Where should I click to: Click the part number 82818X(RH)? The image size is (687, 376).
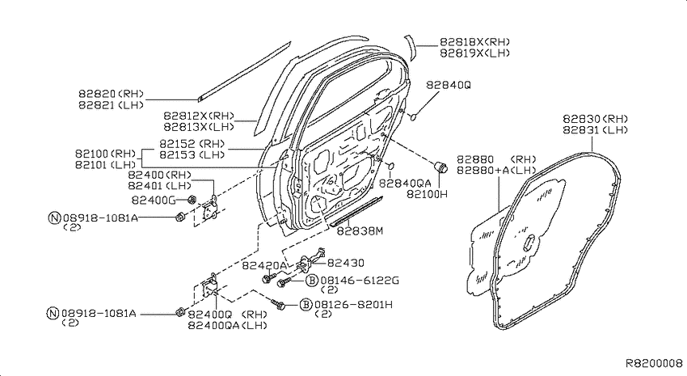click(x=475, y=42)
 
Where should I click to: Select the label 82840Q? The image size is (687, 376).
click(x=449, y=85)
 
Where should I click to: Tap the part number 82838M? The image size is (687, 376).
click(x=360, y=231)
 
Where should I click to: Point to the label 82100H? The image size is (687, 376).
click(x=428, y=194)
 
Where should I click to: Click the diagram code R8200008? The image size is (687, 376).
click(x=654, y=363)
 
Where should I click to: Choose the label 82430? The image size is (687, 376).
click(x=346, y=263)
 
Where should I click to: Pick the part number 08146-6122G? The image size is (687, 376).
click(x=360, y=281)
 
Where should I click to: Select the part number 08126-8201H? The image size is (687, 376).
click(x=353, y=305)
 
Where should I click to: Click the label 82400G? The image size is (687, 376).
click(x=154, y=201)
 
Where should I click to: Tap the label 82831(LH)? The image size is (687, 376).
click(x=595, y=130)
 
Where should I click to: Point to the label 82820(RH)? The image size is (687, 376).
click(x=112, y=94)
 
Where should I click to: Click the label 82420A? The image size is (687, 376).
click(x=264, y=265)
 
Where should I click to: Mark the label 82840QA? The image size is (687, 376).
click(x=405, y=184)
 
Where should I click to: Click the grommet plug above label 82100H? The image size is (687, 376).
click(x=440, y=167)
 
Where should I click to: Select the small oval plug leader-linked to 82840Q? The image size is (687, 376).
click(x=413, y=116)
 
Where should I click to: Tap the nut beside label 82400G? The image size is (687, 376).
click(x=191, y=200)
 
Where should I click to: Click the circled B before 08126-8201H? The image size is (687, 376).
click(x=306, y=305)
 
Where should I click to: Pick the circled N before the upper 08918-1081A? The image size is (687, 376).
click(x=54, y=218)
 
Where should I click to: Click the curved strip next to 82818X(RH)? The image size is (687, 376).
click(x=410, y=48)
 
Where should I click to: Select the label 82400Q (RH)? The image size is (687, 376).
click(x=227, y=315)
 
